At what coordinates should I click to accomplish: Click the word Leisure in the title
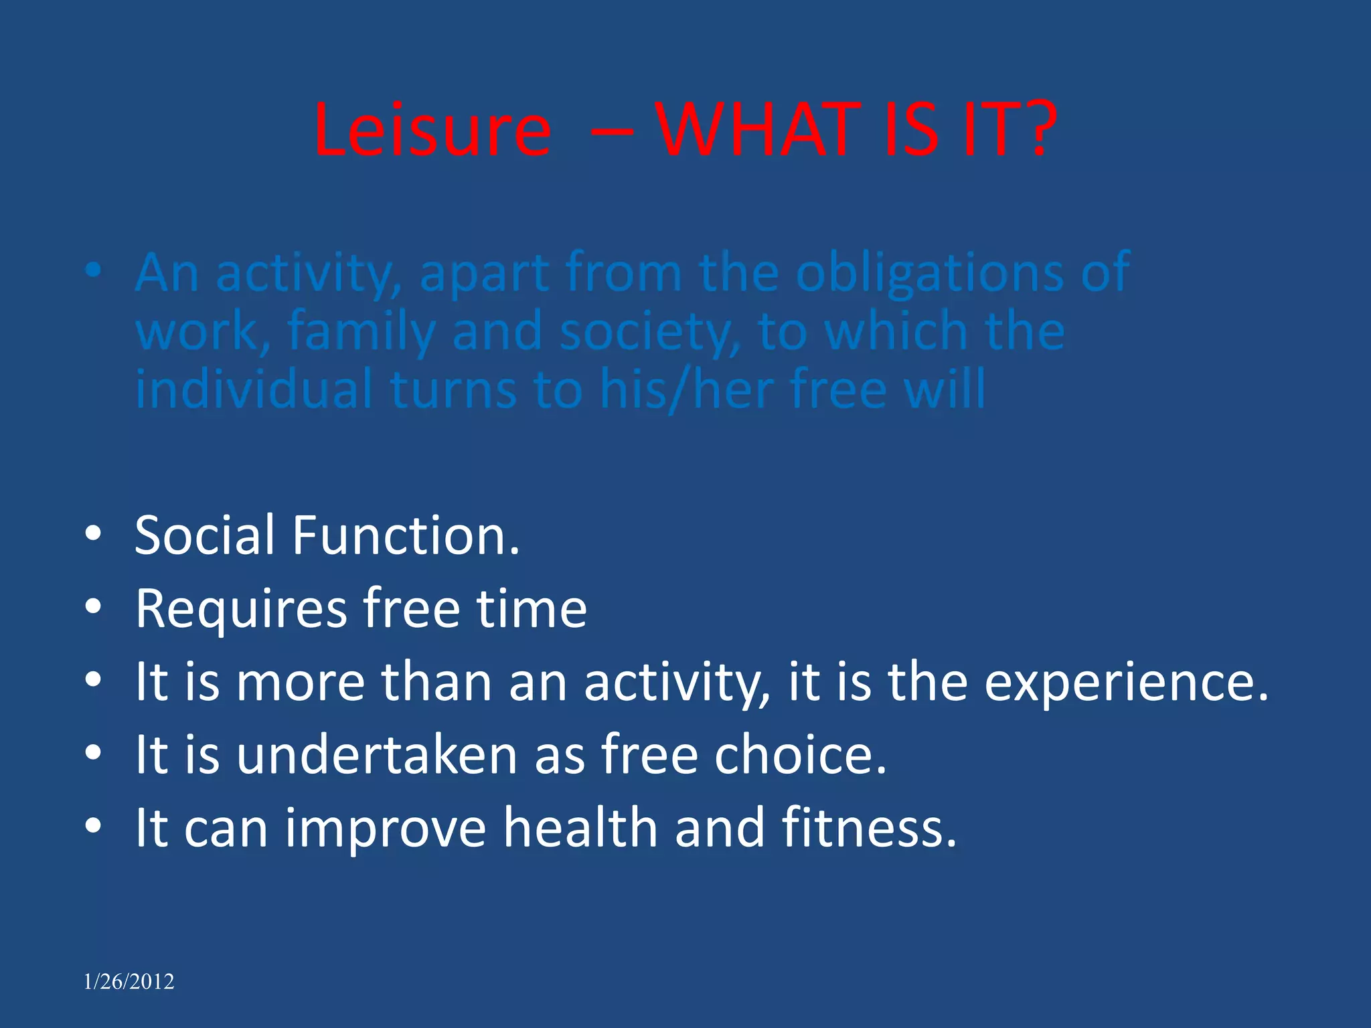pos(432,130)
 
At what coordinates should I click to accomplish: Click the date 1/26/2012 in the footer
pos(129,982)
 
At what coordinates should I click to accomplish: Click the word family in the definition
pos(361,332)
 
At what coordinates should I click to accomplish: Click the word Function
pos(406,535)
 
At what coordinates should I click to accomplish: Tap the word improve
pos(386,829)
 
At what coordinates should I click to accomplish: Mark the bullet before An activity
pos(93,270)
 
